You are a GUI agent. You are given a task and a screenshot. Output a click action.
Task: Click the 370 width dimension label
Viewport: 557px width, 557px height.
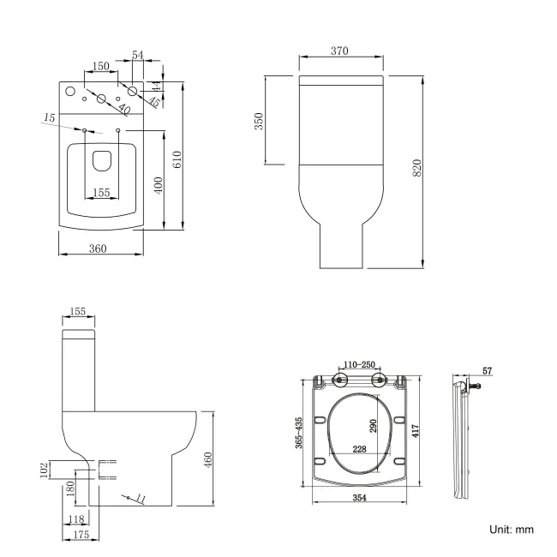point(339,51)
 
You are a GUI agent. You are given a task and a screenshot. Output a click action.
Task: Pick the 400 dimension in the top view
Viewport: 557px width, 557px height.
point(157,185)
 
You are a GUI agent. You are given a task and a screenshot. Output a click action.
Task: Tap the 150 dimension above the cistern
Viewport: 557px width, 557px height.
point(100,67)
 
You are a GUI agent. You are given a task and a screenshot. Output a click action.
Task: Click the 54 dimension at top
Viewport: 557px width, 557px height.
point(137,55)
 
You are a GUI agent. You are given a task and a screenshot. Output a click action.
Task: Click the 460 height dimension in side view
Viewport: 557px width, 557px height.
point(208,460)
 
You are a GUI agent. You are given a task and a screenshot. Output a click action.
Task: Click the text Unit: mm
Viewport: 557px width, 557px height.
point(512,530)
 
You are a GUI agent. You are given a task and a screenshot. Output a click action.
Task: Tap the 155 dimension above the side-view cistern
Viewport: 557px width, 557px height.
point(78,313)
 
